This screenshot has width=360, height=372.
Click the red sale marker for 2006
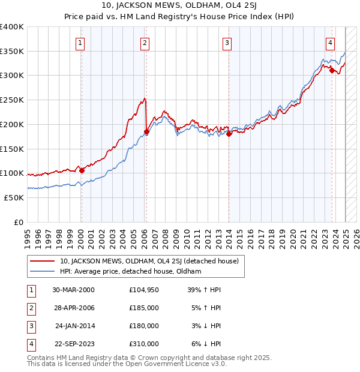[x=146, y=131]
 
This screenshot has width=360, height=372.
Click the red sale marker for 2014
[x=229, y=134]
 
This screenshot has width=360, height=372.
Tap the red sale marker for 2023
[x=332, y=70]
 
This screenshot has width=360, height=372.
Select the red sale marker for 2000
[x=82, y=170]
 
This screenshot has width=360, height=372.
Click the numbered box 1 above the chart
[x=80, y=43]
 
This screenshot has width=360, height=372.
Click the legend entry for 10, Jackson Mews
[x=149, y=261]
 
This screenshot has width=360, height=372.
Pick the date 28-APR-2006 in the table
[x=73, y=308]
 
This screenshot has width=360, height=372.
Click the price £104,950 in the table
[x=143, y=290]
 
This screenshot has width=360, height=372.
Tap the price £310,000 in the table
[x=143, y=344]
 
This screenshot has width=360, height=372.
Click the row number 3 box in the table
[x=29, y=326]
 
